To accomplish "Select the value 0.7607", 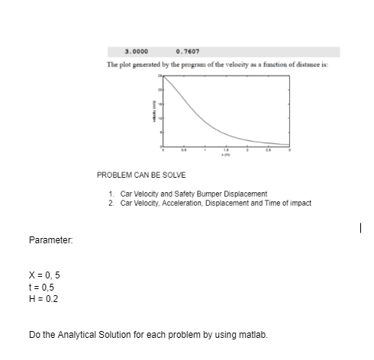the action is [187, 52].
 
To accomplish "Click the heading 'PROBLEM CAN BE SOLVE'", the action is [136, 175].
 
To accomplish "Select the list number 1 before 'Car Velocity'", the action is [112, 194].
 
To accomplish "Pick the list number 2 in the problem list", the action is [112, 202].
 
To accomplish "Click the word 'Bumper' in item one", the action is [205, 194].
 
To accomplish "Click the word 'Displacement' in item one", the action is [243, 194].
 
